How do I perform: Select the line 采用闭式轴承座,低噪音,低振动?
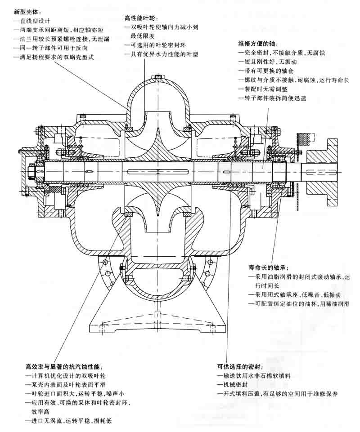292,295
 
